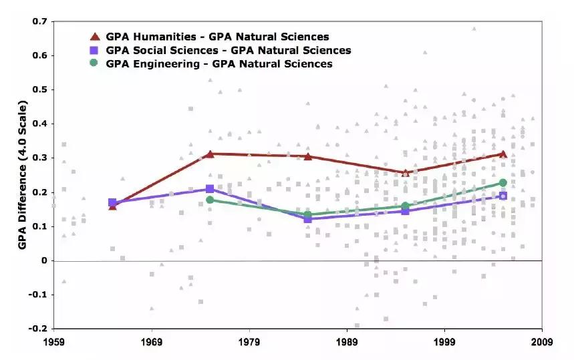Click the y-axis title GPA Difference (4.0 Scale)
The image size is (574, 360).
pos(22,175)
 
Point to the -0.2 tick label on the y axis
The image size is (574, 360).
pos(38,329)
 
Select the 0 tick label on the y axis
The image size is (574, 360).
pos(44,260)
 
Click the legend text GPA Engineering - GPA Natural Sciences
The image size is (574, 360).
pos(219,64)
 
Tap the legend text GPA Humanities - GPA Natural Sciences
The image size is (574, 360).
pos(217,36)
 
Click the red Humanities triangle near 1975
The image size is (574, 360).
pos(210,154)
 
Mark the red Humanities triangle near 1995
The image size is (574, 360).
pos(405,172)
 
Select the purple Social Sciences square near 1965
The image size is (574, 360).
pos(112,202)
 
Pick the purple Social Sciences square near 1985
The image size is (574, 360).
pos(307,219)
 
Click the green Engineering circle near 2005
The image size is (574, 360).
pos(503,183)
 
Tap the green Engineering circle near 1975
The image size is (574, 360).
pos(210,200)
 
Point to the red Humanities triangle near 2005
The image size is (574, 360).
pos(503,154)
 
